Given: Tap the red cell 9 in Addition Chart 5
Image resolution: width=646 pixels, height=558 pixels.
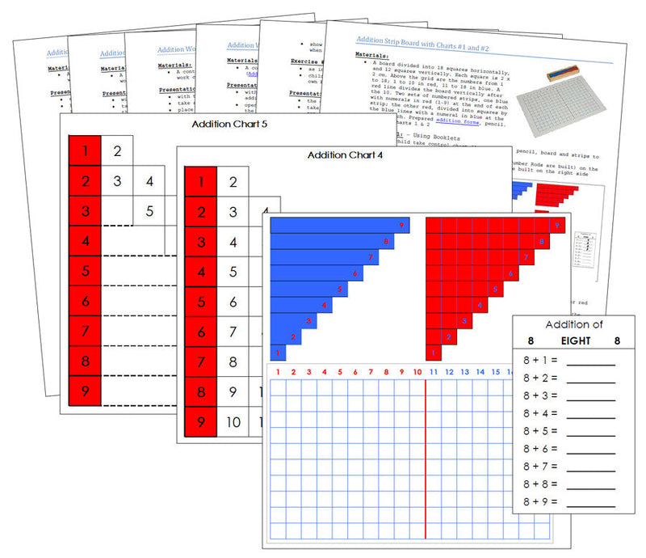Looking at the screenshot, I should pos(85,392).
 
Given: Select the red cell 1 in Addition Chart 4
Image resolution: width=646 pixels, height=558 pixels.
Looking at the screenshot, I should pos(200,183).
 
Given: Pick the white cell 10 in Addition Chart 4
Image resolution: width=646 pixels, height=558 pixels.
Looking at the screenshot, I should pos(233,421).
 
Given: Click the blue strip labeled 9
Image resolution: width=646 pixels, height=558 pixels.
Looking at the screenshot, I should pos(340,225).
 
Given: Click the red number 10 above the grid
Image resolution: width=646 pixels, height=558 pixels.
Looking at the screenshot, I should pos(417,372).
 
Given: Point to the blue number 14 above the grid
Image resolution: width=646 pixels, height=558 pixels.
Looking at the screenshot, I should pos(480,372).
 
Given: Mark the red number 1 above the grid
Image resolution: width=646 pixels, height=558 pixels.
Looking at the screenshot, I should pos(278,372).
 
